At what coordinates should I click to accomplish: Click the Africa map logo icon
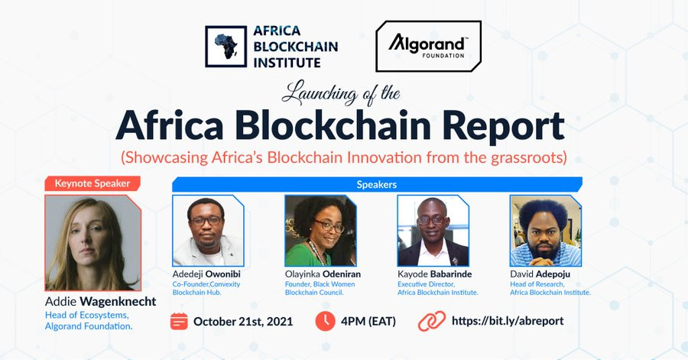[226, 47]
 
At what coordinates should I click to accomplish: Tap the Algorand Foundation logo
[428, 46]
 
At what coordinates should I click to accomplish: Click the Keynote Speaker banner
[92, 183]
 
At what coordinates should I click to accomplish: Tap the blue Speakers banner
[377, 185]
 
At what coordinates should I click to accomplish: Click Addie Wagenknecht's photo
[93, 243]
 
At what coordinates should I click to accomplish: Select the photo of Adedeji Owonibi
[208, 231]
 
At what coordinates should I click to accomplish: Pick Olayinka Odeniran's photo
[320, 231]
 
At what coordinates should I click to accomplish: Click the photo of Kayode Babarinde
[433, 231]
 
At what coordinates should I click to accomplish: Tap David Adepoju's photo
[545, 231]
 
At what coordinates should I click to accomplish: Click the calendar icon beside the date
[179, 322]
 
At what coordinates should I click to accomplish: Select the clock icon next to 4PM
[325, 321]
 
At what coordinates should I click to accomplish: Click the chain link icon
[432, 322]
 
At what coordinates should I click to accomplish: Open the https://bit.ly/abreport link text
[508, 321]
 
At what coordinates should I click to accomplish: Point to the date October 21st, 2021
[243, 322]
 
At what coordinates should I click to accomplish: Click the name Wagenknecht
[118, 302]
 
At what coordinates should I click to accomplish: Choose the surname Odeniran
[342, 274]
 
